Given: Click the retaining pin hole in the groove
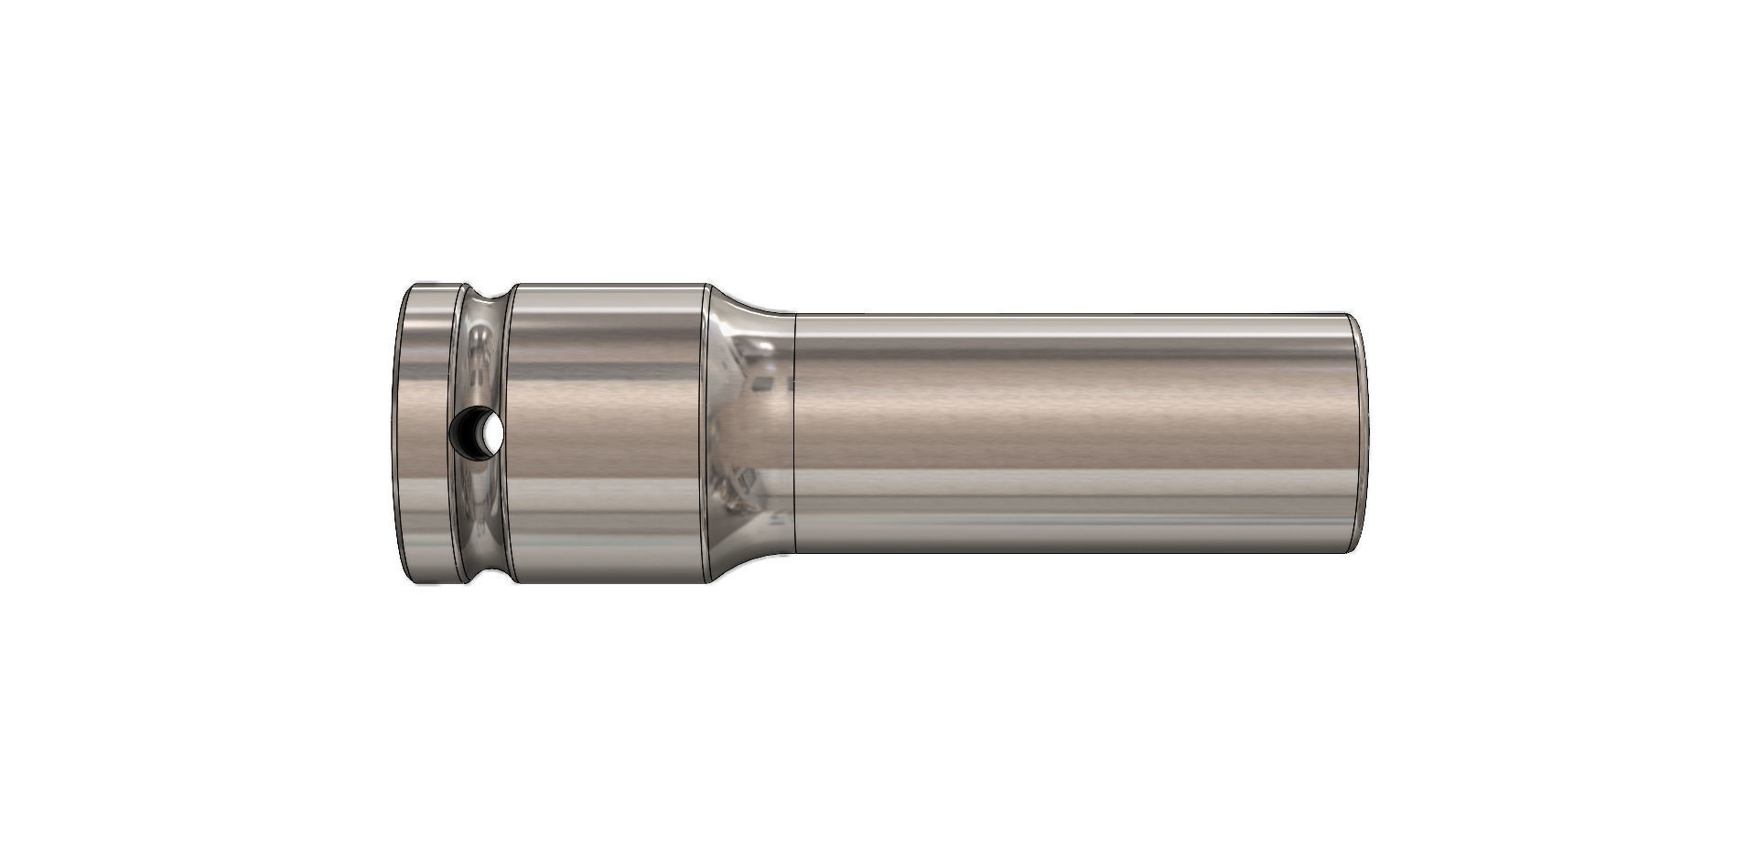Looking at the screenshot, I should (478, 431).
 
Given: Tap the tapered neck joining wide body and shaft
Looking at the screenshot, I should (749, 433).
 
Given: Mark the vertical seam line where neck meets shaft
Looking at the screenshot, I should (793, 433).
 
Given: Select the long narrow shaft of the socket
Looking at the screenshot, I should (1071, 433).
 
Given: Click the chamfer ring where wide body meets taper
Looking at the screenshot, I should (707, 433).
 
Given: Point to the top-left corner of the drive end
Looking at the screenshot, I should (410, 287).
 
